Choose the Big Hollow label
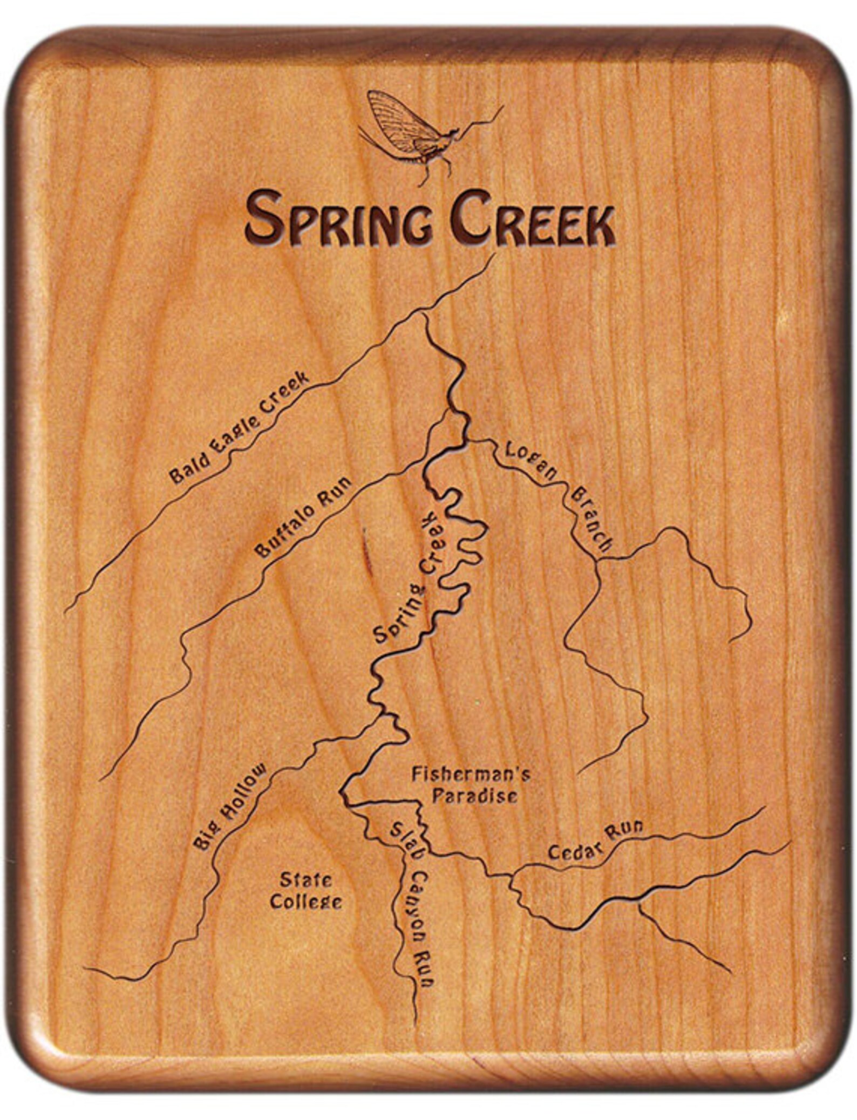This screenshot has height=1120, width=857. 231,806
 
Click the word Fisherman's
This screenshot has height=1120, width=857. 470,775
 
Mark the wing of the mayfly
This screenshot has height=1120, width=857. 397,121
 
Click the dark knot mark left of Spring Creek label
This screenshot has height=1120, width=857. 366,548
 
